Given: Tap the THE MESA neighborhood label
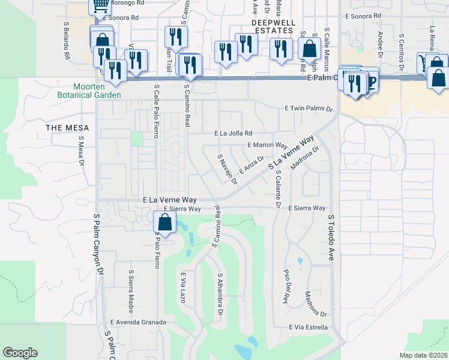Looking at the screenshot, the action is (68, 128).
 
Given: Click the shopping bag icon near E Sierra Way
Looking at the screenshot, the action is (165, 221).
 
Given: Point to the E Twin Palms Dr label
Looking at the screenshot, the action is (308, 109).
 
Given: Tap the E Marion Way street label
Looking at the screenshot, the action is (268, 145).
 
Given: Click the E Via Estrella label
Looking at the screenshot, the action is (308, 327).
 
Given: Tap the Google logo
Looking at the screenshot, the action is (20, 353).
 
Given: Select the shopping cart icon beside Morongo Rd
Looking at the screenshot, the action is (100, 5).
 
